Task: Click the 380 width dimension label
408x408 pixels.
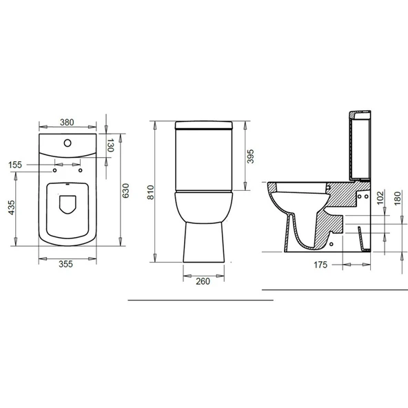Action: pos(67,122)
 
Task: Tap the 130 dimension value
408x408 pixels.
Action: pos(110,145)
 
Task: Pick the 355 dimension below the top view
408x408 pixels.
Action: pos(67,263)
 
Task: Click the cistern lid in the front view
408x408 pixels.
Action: pos(205,125)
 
